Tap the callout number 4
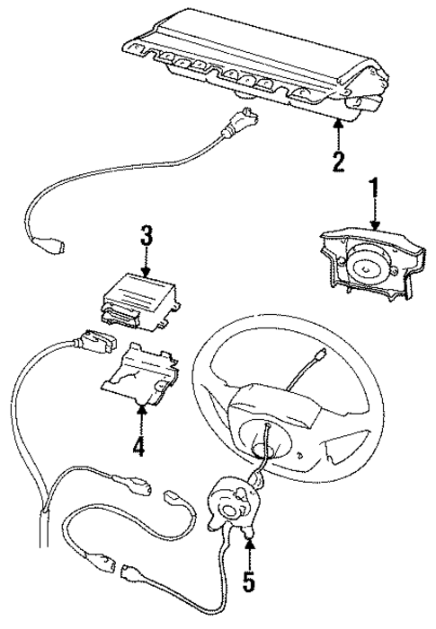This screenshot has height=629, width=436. (x=139, y=446)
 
